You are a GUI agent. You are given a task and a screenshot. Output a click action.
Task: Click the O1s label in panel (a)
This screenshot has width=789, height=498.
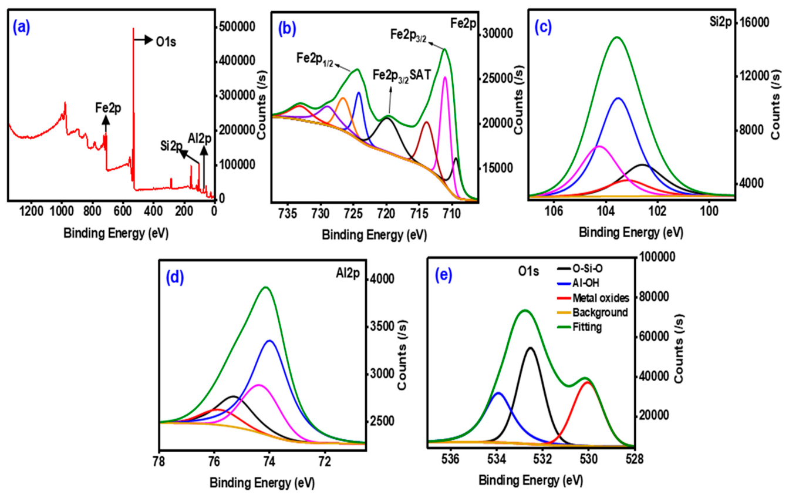point(166,42)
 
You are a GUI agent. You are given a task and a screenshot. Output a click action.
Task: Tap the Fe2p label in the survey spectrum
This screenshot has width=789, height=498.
point(108,108)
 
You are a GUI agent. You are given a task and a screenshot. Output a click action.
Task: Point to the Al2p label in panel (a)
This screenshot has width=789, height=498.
point(200,139)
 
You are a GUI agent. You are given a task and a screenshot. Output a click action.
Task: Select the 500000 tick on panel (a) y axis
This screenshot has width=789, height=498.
point(237,26)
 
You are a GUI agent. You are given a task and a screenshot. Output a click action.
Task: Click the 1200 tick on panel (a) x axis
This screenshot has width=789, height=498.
point(31,211)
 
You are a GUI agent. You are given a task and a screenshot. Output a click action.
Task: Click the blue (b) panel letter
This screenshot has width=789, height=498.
point(287,29)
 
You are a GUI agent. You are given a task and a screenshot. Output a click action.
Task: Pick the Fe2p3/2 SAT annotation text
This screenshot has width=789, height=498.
point(402,75)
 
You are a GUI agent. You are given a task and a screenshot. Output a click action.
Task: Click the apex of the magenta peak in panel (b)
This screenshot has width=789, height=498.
point(445,77)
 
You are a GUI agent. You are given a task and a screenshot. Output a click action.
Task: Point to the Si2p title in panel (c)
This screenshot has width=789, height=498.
point(721,22)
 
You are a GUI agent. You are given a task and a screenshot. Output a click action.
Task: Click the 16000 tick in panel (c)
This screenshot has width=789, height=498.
point(754,22)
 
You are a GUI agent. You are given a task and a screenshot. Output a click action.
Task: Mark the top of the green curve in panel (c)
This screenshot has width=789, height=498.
point(617,36)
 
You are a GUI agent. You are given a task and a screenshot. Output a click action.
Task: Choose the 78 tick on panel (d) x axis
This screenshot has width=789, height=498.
point(159,462)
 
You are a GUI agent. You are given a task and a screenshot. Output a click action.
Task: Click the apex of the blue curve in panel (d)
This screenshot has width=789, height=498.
point(270,341)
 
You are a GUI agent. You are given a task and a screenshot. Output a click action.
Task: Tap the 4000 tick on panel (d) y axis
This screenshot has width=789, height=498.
point(382,278)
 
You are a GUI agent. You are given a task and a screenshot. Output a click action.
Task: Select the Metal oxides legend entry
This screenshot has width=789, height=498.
point(593,298)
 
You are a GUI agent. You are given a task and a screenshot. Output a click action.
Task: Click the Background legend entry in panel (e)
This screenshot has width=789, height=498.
point(592,312)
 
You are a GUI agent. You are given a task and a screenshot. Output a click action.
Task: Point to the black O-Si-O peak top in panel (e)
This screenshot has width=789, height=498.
point(530,348)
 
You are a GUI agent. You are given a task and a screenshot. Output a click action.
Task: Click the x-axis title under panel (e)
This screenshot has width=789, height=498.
point(531,480)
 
